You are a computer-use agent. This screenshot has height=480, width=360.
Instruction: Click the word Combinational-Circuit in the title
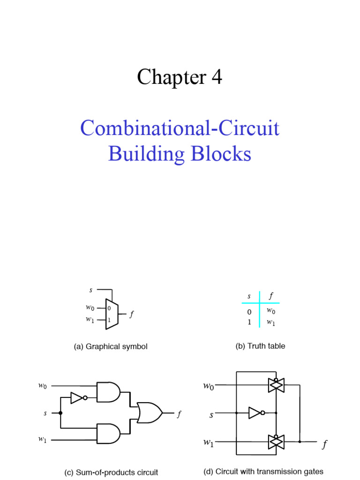pos(180,128)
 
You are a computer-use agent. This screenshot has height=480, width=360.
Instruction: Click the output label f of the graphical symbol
pos(132,315)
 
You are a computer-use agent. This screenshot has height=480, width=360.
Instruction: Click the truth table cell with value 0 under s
pos(249,312)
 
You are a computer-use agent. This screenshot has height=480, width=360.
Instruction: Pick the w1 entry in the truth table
pos(271,322)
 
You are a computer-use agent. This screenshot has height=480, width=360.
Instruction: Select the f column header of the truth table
pos(271,296)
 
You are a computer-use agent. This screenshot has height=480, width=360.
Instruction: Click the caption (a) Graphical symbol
pos(111,347)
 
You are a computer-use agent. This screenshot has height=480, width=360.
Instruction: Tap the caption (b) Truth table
pos(260,346)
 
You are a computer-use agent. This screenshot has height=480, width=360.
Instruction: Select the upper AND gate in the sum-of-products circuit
pos(108,392)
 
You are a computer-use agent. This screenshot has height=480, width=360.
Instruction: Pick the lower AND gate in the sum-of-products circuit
pos(108,434)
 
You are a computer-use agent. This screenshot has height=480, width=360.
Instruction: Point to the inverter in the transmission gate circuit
pos(255,412)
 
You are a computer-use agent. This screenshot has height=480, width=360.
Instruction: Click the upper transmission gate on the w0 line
pos(276,385)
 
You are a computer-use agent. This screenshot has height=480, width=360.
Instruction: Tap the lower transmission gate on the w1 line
pos(276,441)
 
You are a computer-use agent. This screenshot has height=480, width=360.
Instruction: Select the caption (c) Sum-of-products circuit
pos(111,472)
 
